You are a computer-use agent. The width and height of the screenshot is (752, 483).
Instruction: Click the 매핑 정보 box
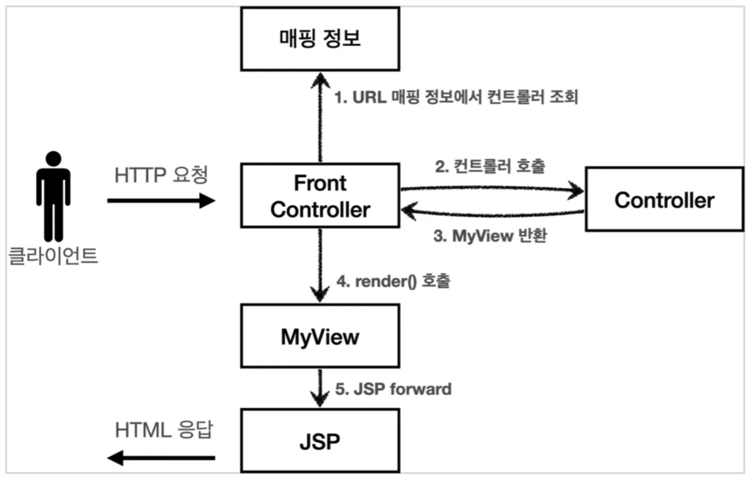click(320, 39)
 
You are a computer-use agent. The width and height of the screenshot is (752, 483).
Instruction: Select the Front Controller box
click(320, 196)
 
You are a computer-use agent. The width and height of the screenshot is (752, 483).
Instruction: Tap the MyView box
click(320, 336)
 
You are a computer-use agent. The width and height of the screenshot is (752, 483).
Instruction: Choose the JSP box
click(320, 441)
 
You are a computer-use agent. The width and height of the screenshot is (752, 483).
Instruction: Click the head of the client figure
click(53, 158)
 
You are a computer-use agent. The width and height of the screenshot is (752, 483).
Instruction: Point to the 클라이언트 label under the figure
click(53, 256)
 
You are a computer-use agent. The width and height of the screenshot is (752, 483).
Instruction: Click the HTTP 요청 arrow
click(161, 201)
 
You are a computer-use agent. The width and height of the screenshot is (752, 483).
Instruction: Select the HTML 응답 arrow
click(161, 458)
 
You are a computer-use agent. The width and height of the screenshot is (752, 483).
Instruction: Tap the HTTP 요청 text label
click(161, 175)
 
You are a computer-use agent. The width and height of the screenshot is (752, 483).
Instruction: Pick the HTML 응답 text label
click(164, 430)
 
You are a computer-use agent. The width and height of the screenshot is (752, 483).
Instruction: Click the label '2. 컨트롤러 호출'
click(490, 166)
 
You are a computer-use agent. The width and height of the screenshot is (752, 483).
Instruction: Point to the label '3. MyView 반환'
click(490, 235)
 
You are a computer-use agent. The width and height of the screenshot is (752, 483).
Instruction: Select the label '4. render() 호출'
click(394, 281)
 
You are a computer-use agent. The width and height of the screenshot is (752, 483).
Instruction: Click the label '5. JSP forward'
click(394, 389)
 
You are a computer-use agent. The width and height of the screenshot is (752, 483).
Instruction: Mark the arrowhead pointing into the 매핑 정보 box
click(320, 80)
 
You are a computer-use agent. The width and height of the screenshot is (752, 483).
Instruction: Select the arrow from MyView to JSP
click(320, 388)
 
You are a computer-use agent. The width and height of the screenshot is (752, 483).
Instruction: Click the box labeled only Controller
click(664, 199)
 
